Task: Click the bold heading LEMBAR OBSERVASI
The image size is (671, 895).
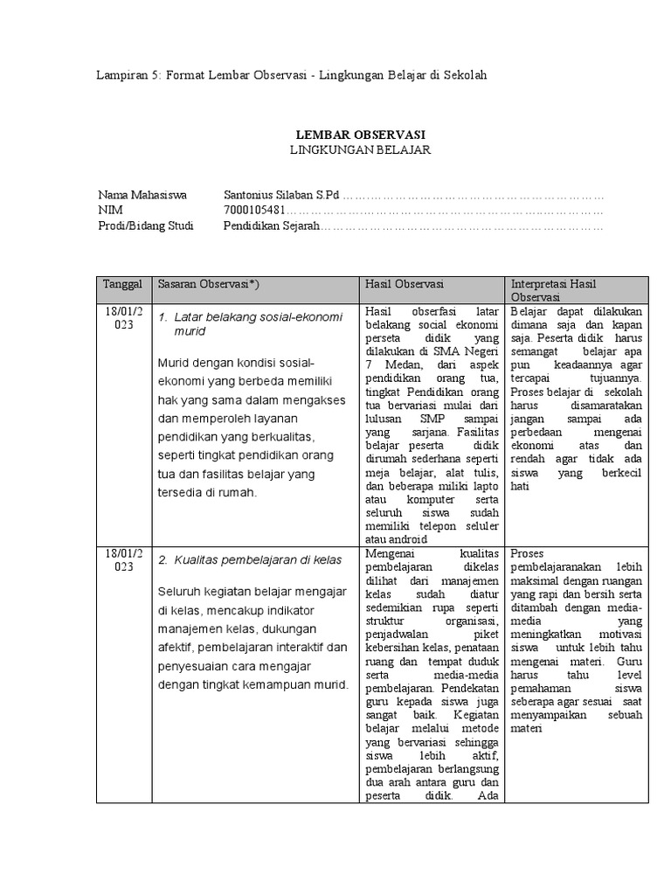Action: coord(361,135)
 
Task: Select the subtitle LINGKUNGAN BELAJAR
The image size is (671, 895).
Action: coord(361,149)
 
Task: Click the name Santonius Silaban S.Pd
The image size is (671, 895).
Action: coord(281,195)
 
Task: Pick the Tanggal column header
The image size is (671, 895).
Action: coord(121,285)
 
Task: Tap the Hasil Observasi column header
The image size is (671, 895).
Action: coord(405,285)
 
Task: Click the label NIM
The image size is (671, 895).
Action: coord(110,211)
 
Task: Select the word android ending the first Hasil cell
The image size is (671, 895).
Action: coord(402,538)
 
